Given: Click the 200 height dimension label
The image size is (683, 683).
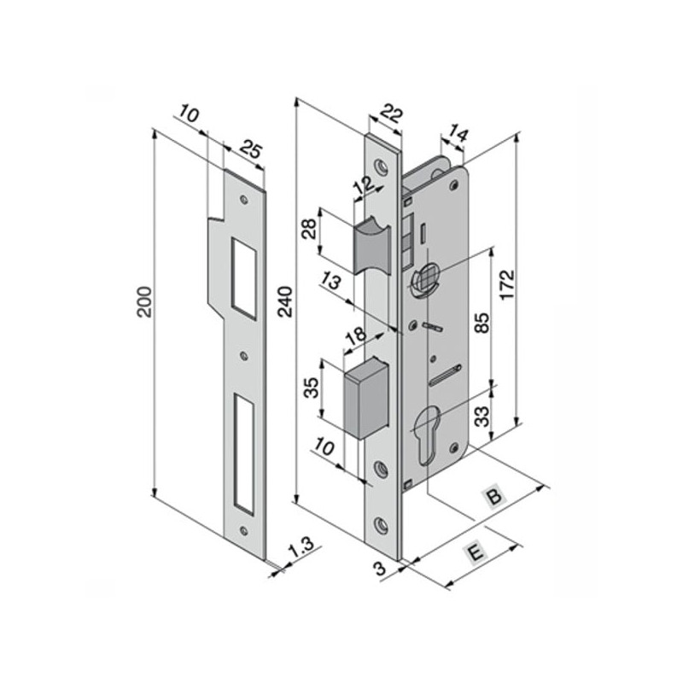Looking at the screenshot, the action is [144, 302].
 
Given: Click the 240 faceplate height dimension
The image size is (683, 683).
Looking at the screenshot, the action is [285, 301].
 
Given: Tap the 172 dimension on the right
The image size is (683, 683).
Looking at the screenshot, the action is [506, 285].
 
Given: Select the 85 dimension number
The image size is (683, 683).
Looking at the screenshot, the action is [482, 323].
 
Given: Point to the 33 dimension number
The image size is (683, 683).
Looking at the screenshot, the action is [482, 417].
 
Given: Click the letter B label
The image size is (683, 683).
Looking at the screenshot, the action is [494, 496].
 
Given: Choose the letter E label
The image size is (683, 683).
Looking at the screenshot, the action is [476, 552].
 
